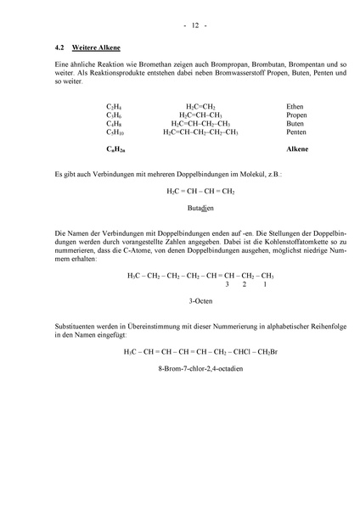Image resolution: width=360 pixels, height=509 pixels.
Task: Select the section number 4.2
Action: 60,50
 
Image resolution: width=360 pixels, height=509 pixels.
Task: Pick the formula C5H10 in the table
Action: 115,132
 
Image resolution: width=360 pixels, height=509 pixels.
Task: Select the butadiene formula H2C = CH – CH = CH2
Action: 200,191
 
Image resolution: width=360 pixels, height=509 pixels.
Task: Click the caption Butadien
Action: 200,208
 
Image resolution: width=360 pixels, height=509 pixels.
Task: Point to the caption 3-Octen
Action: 200,300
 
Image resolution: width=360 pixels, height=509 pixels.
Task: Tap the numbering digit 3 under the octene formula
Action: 227,284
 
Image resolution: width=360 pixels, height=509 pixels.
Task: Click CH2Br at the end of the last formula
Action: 267,351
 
